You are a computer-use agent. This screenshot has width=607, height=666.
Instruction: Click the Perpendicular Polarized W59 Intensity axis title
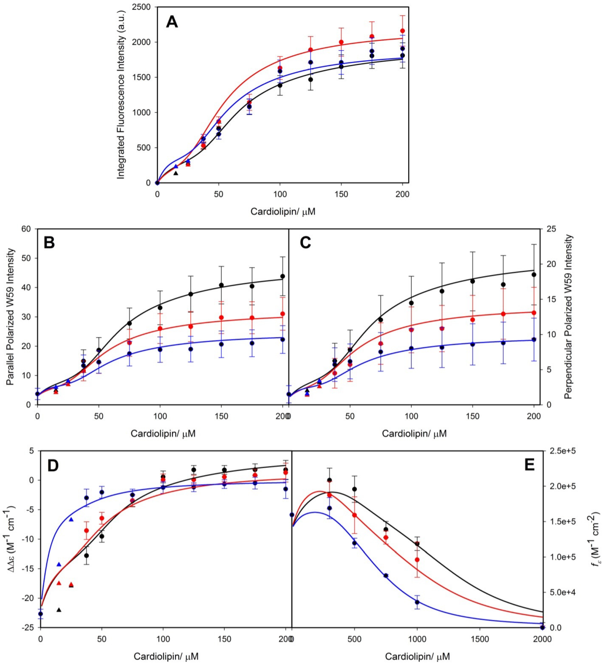(568, 317)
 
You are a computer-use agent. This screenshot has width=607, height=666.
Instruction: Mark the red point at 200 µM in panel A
(402, 31)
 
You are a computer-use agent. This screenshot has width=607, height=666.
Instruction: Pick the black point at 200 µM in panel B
(283, 276)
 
